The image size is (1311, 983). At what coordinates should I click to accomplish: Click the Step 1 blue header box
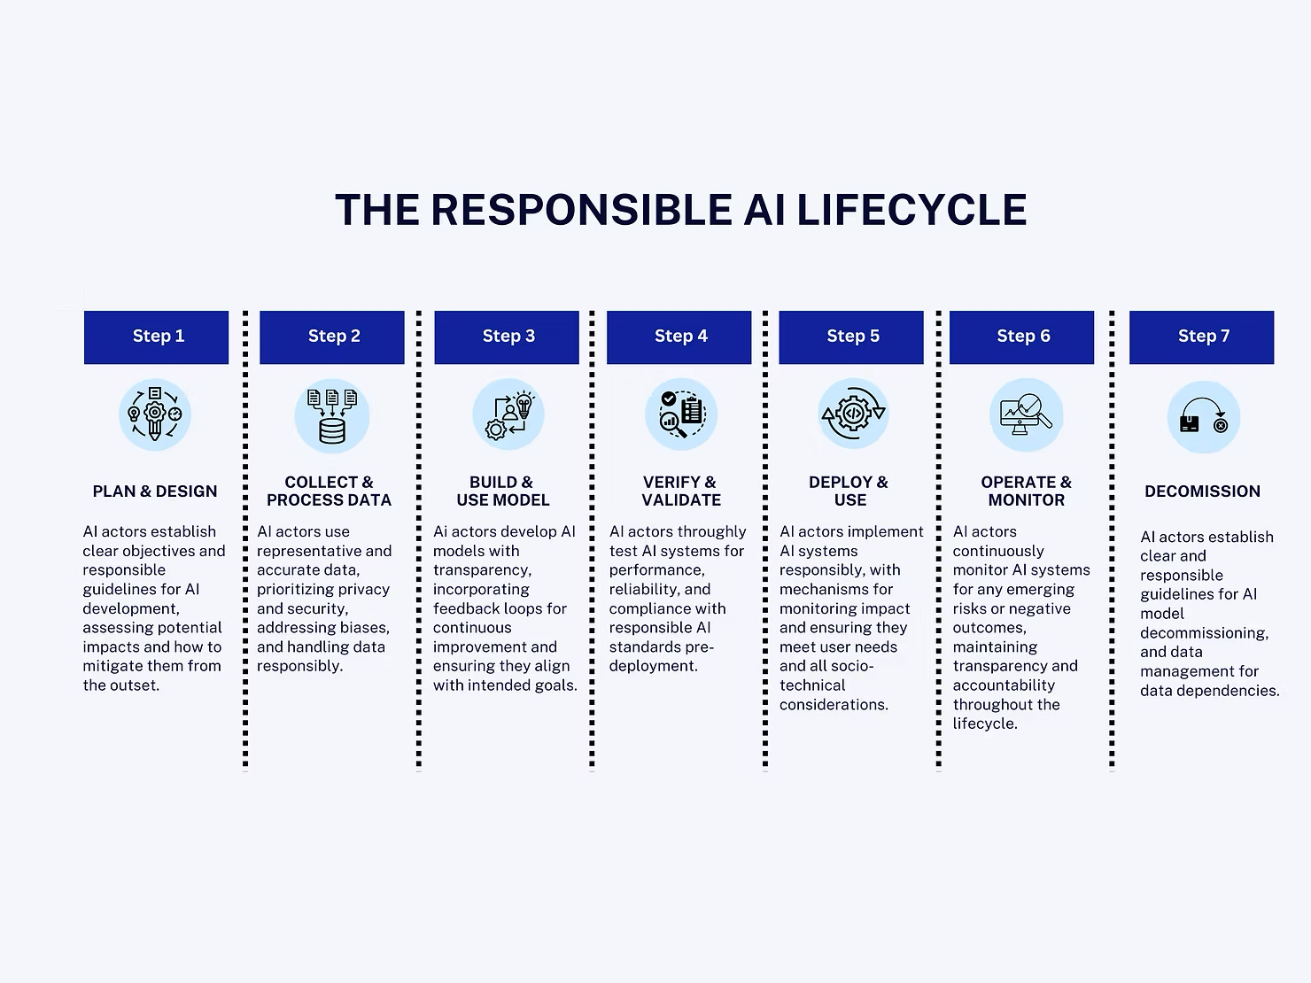pyautogui.click(x=156, y=337)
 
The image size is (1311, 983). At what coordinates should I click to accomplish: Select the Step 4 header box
pyautogui.click(x=679, y=337)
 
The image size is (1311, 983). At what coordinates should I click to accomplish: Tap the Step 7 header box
pyautogui.click(x=1201, y=337)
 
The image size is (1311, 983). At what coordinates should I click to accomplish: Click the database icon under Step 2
pyautogui.click(x=332, y=416)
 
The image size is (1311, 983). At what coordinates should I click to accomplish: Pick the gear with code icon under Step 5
pyautogui.click(x=852, y=414)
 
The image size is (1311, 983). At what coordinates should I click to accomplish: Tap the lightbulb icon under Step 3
pyautogui.click(x=524, y=405)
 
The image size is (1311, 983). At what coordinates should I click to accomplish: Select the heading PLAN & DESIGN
pyautogui.click(x=155, y=491)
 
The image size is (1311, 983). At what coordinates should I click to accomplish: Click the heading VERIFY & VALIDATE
pyautogui.click(x=680, y=491)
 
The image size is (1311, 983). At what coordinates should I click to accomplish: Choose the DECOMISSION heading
pyautogui.click(x=1202, y=491)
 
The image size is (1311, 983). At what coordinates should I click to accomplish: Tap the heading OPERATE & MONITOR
pyautogui.click(x=1026, y=491)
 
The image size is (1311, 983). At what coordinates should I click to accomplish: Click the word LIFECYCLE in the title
pyautogui.click(x=911, y=211)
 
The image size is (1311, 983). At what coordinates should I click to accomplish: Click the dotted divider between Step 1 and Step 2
pyautogui.click(x=245, y=540)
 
